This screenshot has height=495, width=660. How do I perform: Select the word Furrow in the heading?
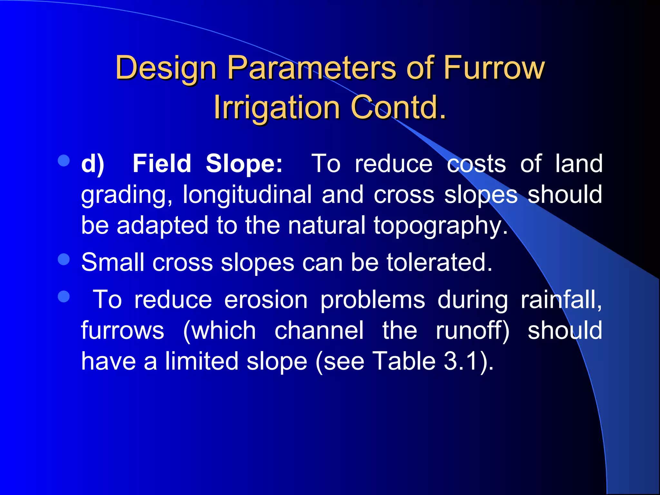pyautogui.click(x=494, y=68)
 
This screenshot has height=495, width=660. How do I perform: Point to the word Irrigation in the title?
pyautogui.click(x=277, y=107)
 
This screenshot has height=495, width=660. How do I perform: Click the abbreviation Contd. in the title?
pyautogui.click(x=398, y=107)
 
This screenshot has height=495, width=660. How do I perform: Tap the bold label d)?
pyautogui.click(x=92, y=164)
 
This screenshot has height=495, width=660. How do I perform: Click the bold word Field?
pyautogui.click(x=162, y=164)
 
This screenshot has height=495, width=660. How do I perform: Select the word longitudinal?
pyautogui.click(x=247, y=195)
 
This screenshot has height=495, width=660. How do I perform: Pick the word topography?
pyautogui.click(x=440, y=226)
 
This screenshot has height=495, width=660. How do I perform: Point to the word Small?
pyautogui.click(x=112, y=262)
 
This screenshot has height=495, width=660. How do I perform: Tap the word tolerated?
pyautogui.click(x=439, y=262)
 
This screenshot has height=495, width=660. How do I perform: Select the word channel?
pyautogui.click(x=319, y=331)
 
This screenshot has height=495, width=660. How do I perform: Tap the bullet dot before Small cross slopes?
pyautogui.click(x=64, y=259)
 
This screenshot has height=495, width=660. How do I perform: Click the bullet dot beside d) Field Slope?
pyautogui.click(x=64, y=161)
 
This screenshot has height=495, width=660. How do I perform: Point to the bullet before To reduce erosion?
pyautogui.click(x=64, y=297)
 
